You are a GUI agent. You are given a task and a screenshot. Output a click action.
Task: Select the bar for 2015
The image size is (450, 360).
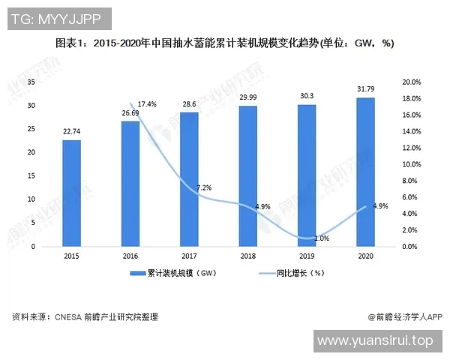[71, 193]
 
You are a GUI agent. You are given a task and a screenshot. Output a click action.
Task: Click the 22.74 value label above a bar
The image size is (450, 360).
[72, 132]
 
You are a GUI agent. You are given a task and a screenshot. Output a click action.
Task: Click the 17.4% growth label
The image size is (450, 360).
[147, 103]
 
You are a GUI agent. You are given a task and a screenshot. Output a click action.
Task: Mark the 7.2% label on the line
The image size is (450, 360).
[204, 187]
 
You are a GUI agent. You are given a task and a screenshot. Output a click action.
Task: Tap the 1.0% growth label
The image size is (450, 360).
[322, 238]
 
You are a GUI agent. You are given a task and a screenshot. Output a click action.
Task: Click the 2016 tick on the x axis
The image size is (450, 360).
[130, 256]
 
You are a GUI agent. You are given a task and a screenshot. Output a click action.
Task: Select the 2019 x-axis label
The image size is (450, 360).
[307, 256]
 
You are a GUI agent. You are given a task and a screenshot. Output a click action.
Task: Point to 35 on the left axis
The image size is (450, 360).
[31, 81]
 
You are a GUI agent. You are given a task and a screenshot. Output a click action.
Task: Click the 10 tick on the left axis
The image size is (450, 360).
[31, 199]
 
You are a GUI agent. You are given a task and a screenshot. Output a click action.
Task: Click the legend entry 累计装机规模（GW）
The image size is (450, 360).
[179, 274]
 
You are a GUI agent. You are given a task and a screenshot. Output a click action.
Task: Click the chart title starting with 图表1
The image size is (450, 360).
[225, 43]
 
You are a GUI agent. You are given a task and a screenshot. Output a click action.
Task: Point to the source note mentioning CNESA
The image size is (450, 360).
[85, 317]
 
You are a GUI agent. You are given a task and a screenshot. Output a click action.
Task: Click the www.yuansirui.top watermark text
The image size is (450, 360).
[376, 341]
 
